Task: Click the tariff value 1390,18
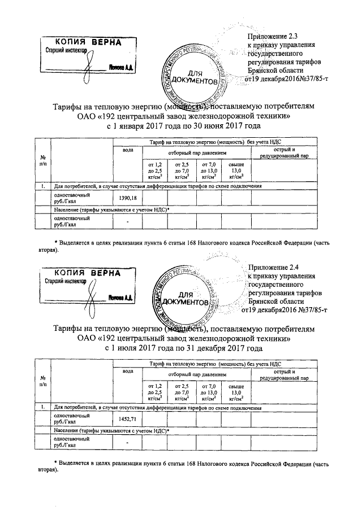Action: pos(128,198)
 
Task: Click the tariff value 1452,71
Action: pos(128,418)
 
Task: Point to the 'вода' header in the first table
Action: pos(128,150)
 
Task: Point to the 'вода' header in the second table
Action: pos(128,370)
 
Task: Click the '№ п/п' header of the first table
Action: pos(42,160)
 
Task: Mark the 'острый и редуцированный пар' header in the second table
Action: pos(285,375)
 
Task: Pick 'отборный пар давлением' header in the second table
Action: pos(196,374)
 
